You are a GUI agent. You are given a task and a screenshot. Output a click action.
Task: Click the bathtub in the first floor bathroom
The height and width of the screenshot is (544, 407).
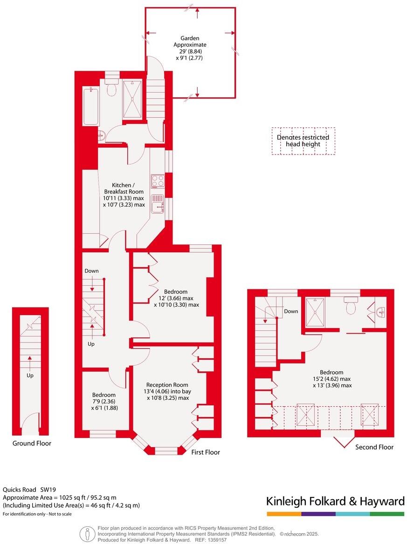point(91,106)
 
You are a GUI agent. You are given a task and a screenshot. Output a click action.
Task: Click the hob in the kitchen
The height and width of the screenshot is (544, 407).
point(157,181)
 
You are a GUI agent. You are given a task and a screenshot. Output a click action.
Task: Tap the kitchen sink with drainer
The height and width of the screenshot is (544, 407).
point(157,204)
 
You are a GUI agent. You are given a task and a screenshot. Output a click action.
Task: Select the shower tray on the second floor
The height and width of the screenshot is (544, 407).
point(316,312)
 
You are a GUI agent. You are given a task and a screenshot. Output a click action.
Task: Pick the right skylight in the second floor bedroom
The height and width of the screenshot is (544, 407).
point(370,414)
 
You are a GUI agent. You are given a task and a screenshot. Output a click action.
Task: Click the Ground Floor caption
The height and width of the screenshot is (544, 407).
point(32,443)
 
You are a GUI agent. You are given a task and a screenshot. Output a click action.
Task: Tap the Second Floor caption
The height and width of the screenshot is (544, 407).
point(374,447)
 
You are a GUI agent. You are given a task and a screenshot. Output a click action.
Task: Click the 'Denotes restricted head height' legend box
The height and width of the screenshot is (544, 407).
point(303,141)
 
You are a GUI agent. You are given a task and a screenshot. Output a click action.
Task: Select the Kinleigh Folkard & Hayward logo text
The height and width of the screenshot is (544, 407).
point(335,501)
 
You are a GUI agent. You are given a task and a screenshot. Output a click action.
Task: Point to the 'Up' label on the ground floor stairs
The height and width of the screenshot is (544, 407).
point(30,375)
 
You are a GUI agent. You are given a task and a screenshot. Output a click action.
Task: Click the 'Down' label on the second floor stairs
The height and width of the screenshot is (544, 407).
point(291,311)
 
